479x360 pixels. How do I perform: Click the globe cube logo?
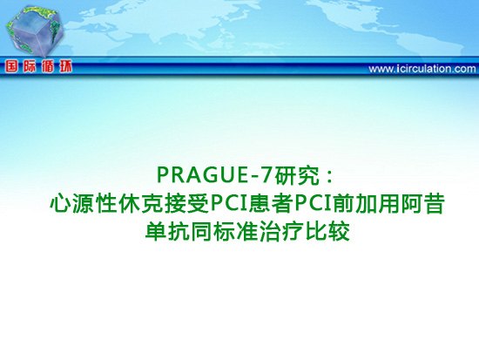coord(33,31)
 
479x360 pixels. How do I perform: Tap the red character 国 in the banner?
coord(12,66)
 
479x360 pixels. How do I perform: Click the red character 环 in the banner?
coord(65,66)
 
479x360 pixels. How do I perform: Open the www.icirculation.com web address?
coord(422,69)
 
